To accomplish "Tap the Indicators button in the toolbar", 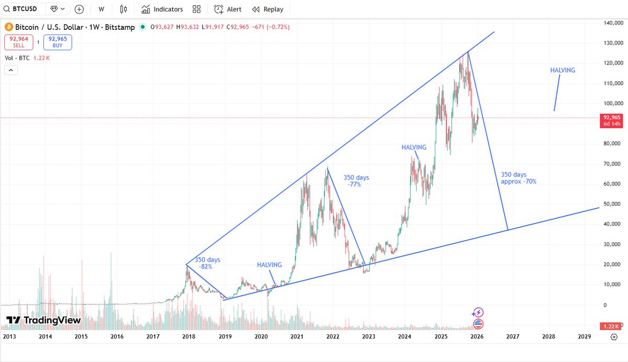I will click(162, 9).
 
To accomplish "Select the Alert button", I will click(228, 9).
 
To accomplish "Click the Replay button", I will click(267, 9).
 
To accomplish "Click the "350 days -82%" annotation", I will click(207, 263).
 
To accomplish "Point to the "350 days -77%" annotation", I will click(356, 180).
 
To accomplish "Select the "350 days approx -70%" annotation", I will click(518, 178).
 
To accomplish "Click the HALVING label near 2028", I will click(563, 70).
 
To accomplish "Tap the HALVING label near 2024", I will click(413, 148).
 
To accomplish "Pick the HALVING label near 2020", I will click(269, 265).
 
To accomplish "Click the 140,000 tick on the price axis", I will click(611, 23).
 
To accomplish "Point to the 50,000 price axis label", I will click(612, 203).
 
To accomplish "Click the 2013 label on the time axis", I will click(9, 337).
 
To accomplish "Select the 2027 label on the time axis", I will click(512, 337).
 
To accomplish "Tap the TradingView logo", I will click(43, 320).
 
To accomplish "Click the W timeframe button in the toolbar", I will click(101, 9).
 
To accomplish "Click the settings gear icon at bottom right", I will click(613, 337).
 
